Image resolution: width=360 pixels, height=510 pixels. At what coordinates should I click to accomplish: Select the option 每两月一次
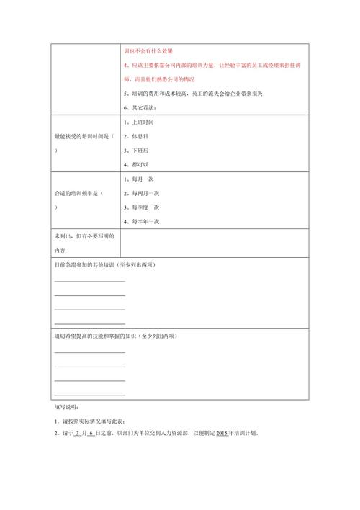[145, 193]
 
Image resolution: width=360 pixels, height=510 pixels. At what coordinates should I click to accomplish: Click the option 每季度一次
[145, 207]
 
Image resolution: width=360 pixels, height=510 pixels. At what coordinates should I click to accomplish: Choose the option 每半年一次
[145, 221]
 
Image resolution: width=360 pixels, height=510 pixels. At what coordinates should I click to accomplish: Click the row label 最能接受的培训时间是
[84, 136]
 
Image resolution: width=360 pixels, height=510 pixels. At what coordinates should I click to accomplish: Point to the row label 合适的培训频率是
[78, 193]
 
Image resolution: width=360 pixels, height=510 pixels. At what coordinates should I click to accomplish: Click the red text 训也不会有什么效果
[148, 51]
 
